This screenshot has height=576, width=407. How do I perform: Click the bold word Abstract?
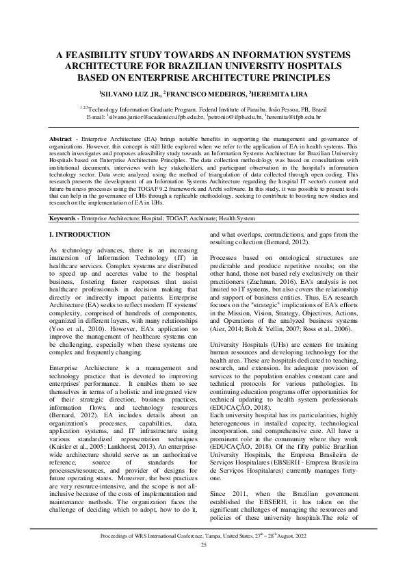coord(64,139)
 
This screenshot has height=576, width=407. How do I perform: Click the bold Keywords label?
coord(65,218)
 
